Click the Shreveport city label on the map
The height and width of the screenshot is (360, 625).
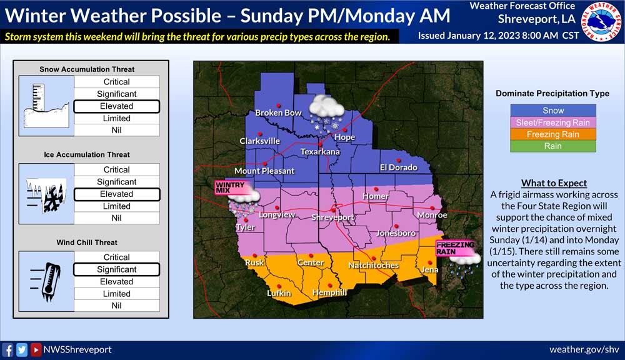[x=333, y=217]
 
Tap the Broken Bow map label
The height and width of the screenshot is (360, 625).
[x=277, y=113]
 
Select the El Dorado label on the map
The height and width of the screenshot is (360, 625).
[x=398, y=167]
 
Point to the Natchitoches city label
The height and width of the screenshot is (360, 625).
[x=373, y=266]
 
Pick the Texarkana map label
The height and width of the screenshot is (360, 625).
[x=320, y=152]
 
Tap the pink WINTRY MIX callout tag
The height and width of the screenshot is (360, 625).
[x=229, y=187]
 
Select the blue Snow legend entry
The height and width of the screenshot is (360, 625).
[x=553, y=110]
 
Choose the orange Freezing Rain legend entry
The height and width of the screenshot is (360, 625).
[x=553, y=134]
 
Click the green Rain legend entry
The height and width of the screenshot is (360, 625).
[x=553, y=146]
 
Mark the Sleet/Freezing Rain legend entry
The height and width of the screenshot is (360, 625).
[x=553, y=122]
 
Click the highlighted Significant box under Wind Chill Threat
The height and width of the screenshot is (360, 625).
[x=116, y=269]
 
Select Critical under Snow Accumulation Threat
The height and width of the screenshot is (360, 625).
[x=116, y=82]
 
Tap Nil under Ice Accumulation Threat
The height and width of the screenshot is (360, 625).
[x=116, y=218]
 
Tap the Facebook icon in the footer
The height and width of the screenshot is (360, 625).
[x=8, y=350]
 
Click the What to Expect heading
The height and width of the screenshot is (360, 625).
[x=554, y=183]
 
